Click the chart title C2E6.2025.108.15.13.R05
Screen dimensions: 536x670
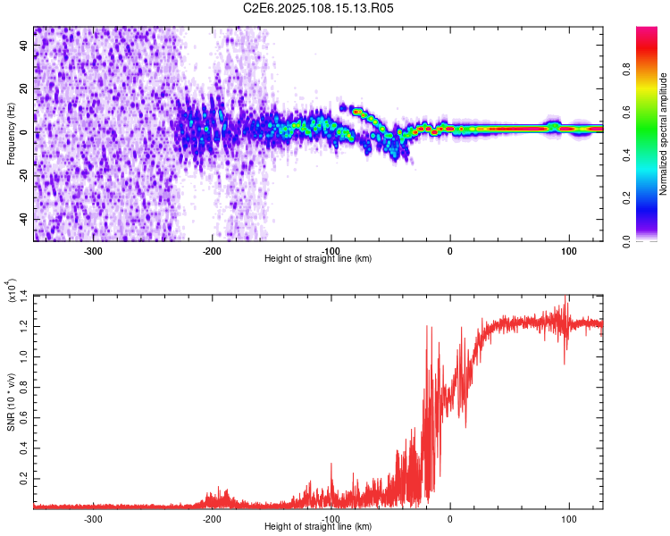319,8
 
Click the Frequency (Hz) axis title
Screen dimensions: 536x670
11,134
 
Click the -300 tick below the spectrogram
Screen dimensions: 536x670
94,250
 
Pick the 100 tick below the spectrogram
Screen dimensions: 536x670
568,250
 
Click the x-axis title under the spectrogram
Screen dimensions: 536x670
319,259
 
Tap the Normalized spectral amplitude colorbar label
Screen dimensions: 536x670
664,134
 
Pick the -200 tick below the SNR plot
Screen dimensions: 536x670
212,519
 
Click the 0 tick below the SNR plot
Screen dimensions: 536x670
450,519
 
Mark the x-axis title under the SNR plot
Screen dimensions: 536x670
319,528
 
